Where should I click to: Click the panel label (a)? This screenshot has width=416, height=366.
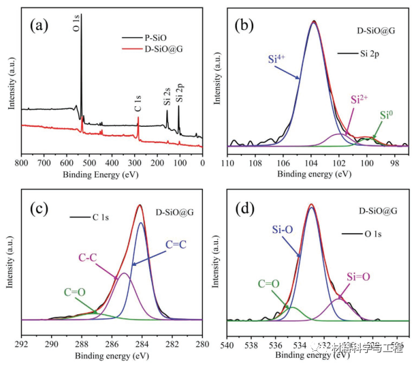pyautogui.click(x=38, y=25)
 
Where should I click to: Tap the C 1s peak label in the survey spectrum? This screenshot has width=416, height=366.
pyautogui.click(x=138, y=108)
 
